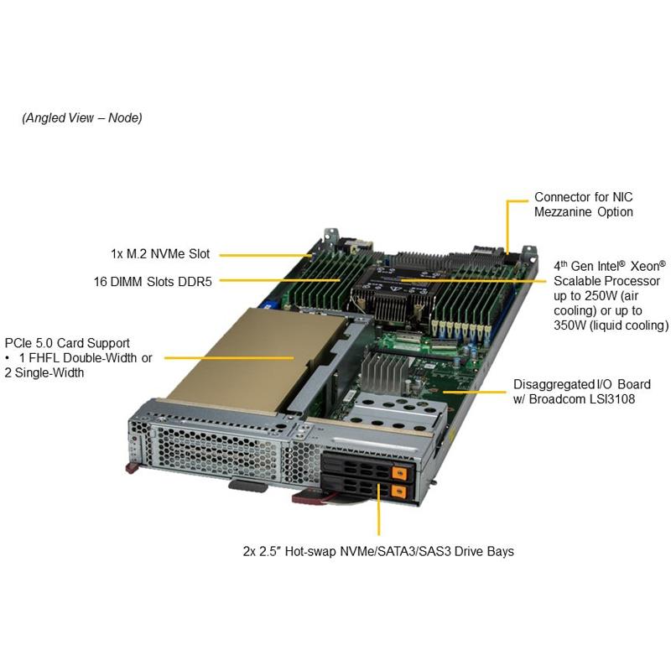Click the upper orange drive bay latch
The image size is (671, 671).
[x=399, y=472]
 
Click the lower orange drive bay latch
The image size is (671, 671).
[x=399, y=492]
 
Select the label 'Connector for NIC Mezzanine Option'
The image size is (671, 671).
[x=583, y=205]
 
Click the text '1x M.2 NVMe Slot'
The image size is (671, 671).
[x=160, y=254]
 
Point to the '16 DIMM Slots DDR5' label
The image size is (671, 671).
[x=153, y=282]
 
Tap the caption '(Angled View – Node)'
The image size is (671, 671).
[x=82, y=117]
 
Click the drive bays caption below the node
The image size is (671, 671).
[x=378, y=551]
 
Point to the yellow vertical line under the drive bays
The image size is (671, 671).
[x=379, y=509]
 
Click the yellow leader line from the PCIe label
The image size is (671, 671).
[x=229, y=358]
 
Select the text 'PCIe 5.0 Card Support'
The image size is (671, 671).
[x=67, y=343]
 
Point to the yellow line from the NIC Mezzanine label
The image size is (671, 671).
[x=507, y=226]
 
